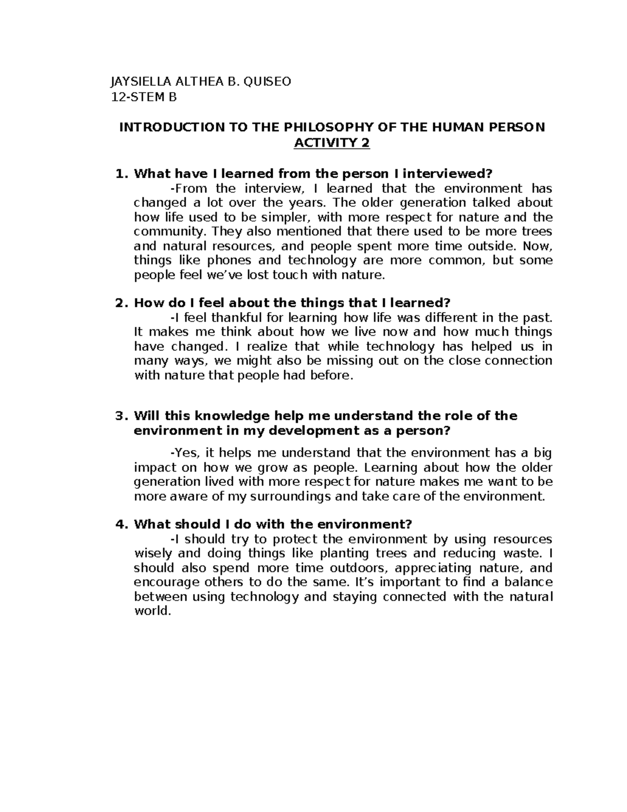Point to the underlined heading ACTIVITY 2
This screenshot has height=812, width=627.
pos(332,143)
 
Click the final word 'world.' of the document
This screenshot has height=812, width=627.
pos(153,611)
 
